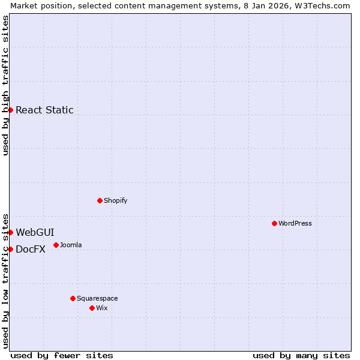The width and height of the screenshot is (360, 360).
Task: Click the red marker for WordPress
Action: point(274,223)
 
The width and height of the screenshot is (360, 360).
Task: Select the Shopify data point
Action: point(100,200)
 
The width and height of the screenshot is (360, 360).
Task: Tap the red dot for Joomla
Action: point(56,245)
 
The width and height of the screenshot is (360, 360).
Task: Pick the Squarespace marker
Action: point(73,298)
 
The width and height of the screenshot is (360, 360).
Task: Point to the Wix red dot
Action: point(92,308)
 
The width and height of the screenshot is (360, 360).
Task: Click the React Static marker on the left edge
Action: point(10,110)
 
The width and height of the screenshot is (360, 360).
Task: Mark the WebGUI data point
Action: point(10,232)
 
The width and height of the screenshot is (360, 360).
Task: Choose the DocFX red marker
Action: point(10,249)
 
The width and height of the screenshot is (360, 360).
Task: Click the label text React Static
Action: point(44,110)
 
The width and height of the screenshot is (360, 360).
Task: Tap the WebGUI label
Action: point(35,232)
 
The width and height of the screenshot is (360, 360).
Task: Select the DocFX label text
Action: point(31,250)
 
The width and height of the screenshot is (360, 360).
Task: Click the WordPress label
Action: point(295,223)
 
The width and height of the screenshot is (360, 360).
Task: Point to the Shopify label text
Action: point(115,200)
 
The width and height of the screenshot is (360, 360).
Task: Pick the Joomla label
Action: point(71,245)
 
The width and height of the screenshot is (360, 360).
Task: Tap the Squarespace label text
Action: point(97,298)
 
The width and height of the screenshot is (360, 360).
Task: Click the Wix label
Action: point(102,308)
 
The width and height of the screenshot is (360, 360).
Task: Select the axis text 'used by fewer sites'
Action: point(62,355)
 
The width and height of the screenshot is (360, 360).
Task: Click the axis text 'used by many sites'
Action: point(301,355)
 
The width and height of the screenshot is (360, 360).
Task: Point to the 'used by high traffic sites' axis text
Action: point(5,85)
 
